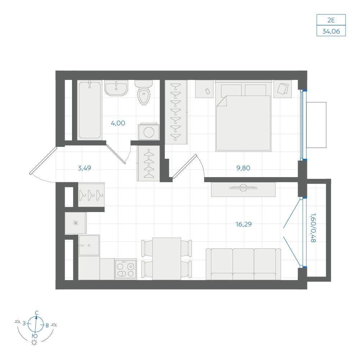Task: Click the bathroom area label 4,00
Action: [118, 123]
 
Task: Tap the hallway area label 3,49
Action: [84, 168]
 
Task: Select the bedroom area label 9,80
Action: [243, 168]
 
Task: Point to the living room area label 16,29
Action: [243, 224]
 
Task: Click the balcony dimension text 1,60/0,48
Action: [313, 228]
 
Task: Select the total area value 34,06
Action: [331, 31]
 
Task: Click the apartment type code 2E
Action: [331, 20]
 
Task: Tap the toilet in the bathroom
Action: [144, 92]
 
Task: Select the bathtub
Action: [90, 110]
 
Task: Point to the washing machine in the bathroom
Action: [149, 131]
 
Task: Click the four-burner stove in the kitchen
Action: [126, 269]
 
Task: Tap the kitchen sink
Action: [89, 245]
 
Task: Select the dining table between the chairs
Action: [166, 259]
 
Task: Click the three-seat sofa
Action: [243, 264]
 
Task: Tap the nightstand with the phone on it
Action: [204, 89]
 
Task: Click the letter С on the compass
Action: [36, 313]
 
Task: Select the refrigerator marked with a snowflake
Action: [76, 223]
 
